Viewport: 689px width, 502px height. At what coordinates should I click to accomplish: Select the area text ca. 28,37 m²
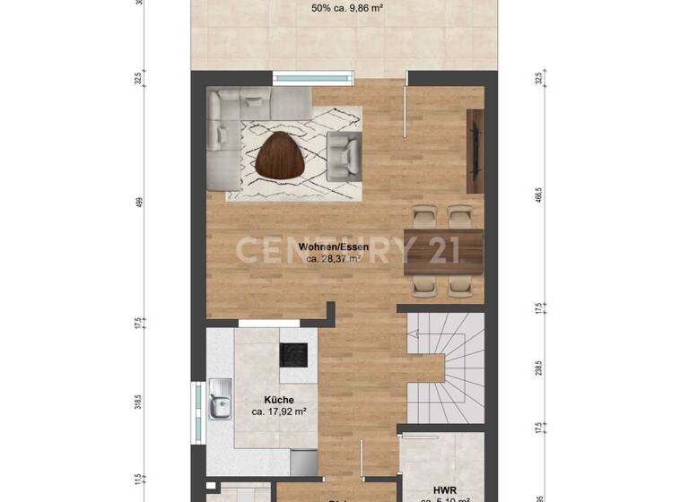(x=333, y=258)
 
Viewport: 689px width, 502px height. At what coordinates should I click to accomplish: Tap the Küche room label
(x=279, y=401)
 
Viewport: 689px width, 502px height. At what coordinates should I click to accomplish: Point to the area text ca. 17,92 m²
(x=279, y=413)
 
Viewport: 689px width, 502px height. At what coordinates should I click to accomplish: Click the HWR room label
(x=444, y=489)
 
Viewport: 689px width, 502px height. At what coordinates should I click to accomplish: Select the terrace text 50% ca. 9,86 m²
(x=346, y=9)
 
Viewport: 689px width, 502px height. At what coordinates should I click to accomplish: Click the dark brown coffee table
(x=281, y=155)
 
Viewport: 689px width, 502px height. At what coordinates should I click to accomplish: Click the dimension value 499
(x=139, y=203)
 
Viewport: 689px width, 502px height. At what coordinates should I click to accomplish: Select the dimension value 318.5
(x=139, y=401)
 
